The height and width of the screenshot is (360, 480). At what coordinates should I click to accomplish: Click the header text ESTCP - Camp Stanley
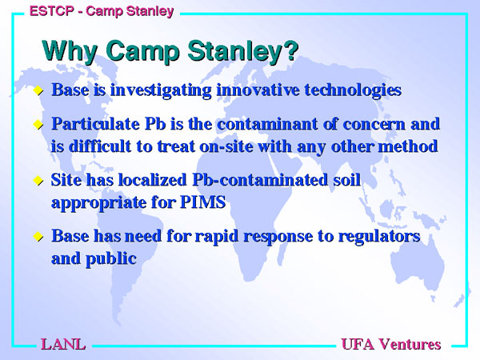click(102, 11)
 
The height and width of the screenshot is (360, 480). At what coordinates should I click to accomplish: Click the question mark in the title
click(291, 50)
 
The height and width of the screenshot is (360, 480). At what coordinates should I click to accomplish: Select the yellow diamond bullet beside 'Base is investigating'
click(38, 90)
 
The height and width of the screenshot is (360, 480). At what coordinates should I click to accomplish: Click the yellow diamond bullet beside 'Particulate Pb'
click(38, 125)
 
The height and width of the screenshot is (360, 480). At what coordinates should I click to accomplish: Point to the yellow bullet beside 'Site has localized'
click(38, 180)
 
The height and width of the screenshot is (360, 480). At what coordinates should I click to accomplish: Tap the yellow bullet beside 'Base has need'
click(38, 237)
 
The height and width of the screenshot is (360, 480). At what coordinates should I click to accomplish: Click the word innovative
click(258, 90)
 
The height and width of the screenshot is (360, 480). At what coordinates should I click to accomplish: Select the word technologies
click(353, 90)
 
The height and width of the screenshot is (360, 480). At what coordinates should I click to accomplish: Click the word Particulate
click(95, 124)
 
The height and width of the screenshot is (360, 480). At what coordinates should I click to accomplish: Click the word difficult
click(100, 146)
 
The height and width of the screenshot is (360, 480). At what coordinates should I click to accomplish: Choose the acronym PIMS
click(202, 202)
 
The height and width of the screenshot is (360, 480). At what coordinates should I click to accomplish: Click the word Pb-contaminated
click(260, 180)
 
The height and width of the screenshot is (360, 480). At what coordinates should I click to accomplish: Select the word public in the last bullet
click(111, 259)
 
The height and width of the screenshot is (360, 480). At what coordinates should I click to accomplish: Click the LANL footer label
click(63, 344)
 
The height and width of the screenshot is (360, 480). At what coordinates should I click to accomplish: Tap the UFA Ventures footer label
click(391, 344)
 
